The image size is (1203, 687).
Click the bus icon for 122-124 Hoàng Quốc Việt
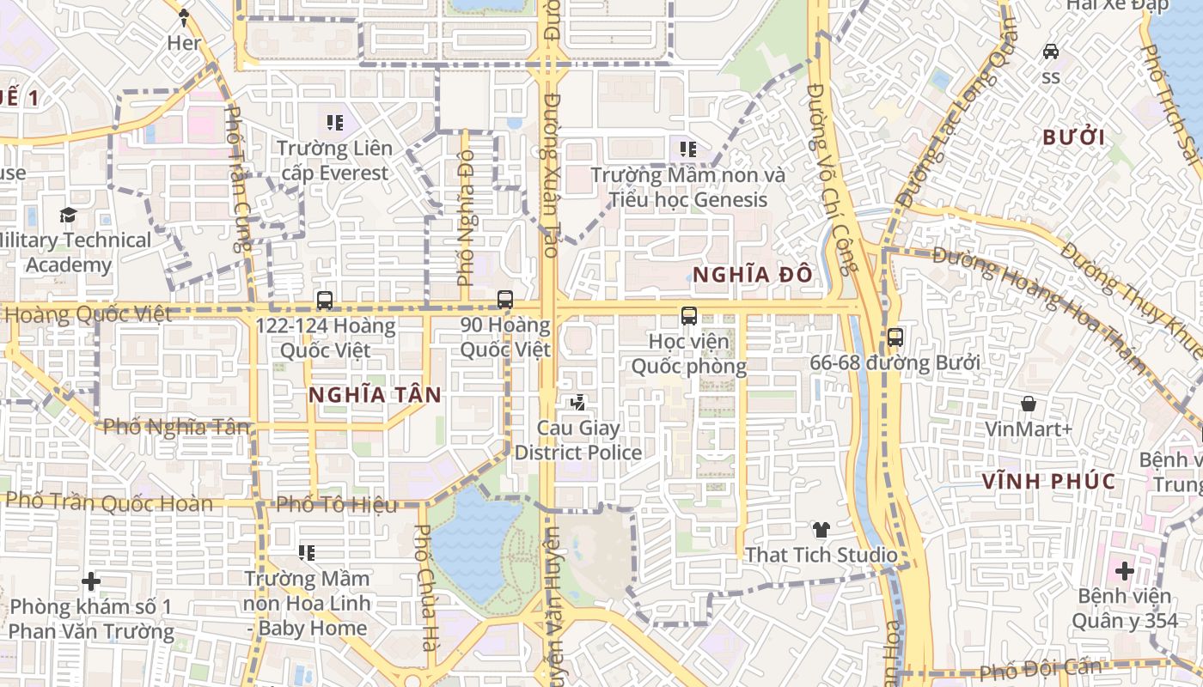[324, 301]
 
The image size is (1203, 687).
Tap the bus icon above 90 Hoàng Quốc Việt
[505, 300]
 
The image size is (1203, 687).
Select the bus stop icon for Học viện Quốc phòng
[689, 316]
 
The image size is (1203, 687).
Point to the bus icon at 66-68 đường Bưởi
[895, 337]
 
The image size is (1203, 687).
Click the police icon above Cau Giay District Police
[578, 402]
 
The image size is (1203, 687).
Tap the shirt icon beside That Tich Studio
[821, 530]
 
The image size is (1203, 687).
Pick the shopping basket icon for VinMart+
[1028, 404]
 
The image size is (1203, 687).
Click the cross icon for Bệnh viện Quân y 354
[1125, 570]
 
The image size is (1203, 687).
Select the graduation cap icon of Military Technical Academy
[68, 215]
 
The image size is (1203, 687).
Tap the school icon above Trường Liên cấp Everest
[335, 123]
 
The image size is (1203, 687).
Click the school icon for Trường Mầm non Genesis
[688, 149]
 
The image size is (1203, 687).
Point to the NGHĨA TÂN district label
[375, 395]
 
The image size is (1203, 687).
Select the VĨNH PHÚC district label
[1049, 481]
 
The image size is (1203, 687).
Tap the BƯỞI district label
[1073, 137]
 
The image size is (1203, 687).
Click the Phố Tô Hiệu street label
[338, 504]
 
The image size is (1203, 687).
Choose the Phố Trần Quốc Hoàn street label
[109, 502]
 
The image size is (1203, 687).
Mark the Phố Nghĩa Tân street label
[176, 426]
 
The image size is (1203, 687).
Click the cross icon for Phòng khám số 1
[91, 582]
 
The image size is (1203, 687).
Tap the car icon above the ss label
[1050, 52]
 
